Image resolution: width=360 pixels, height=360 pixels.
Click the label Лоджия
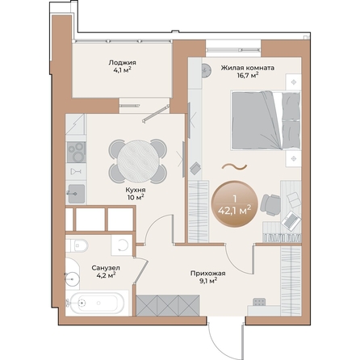coord(123,61)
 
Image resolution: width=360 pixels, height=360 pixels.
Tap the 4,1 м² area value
coord(123,70)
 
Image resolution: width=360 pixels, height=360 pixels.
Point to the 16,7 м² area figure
coord(248,76)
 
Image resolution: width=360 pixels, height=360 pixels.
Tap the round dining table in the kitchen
coord(139,155)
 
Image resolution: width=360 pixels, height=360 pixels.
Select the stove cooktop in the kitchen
coord(76,150)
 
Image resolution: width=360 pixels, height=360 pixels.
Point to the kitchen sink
coord(76,191)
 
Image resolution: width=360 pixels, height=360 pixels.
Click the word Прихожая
coord(207,274)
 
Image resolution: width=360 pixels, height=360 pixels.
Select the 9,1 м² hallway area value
coord(207,283)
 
